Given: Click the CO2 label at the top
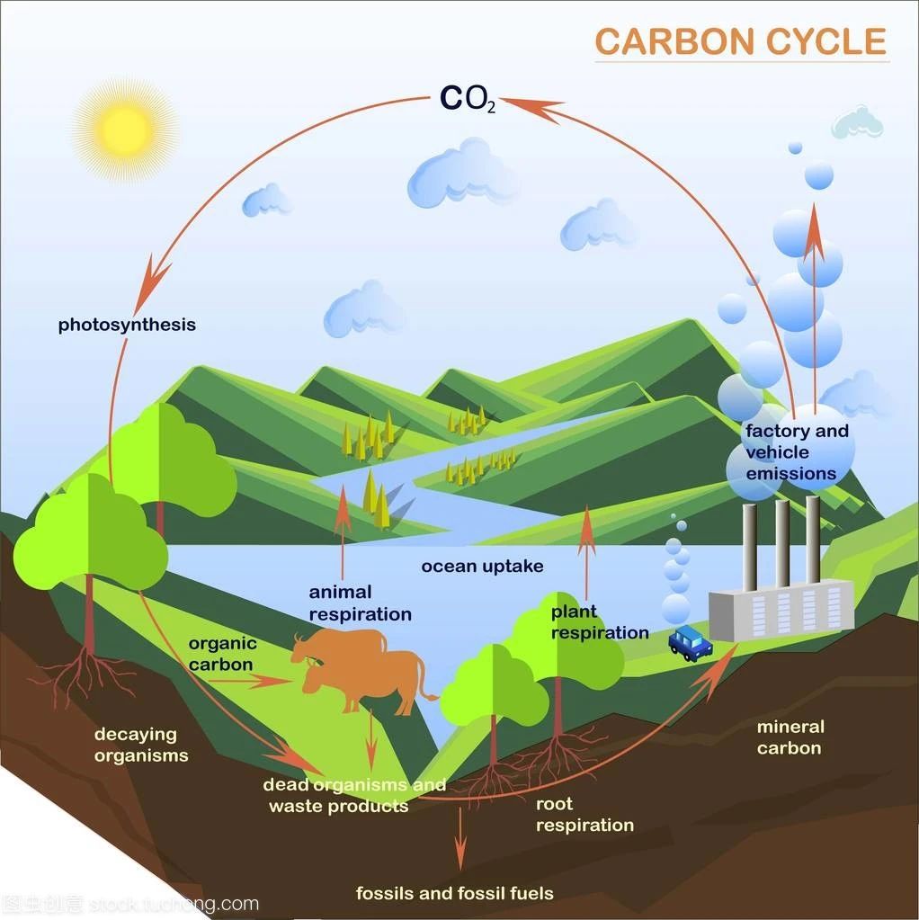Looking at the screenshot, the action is pyautogui.click(x=468, y=99).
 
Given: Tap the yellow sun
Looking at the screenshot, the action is pyautogui.click(x=126, y=130).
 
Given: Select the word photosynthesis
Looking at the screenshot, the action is pyautogui.click(x=127, y=325).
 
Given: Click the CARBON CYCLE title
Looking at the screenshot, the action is pyautogui.click(x=741, y=41).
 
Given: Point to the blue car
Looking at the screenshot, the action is pyautogui.click(x=691, y=643).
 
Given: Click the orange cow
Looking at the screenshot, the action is pyautogui.click(x=364, y=669).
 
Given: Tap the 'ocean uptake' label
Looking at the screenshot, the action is pyautogui.click(x=482, y=567).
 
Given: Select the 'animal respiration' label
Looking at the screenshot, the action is pyautogui.click(x=360, y=603).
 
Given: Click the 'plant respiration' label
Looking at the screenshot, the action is pyautogui.click(x=600, y=622).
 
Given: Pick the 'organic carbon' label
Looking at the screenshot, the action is pyautogui.click(x=222, y=654).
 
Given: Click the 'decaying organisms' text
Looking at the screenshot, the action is pyautogui.click(x=141, y=745).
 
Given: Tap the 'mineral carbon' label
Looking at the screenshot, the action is pyautogui.click(x=790, y=737).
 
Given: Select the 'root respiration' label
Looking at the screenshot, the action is pyautogui.click(x=584, y=815).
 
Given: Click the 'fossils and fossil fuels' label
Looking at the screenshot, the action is pyautogui.click(x=455, y=893).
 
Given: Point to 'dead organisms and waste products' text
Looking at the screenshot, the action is pyautogui.click(x=354, y=795).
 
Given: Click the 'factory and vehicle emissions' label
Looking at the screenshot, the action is pyautogui.click(x=797, y=451).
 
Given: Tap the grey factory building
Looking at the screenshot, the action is pyautogui.click(x=781, y=611).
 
